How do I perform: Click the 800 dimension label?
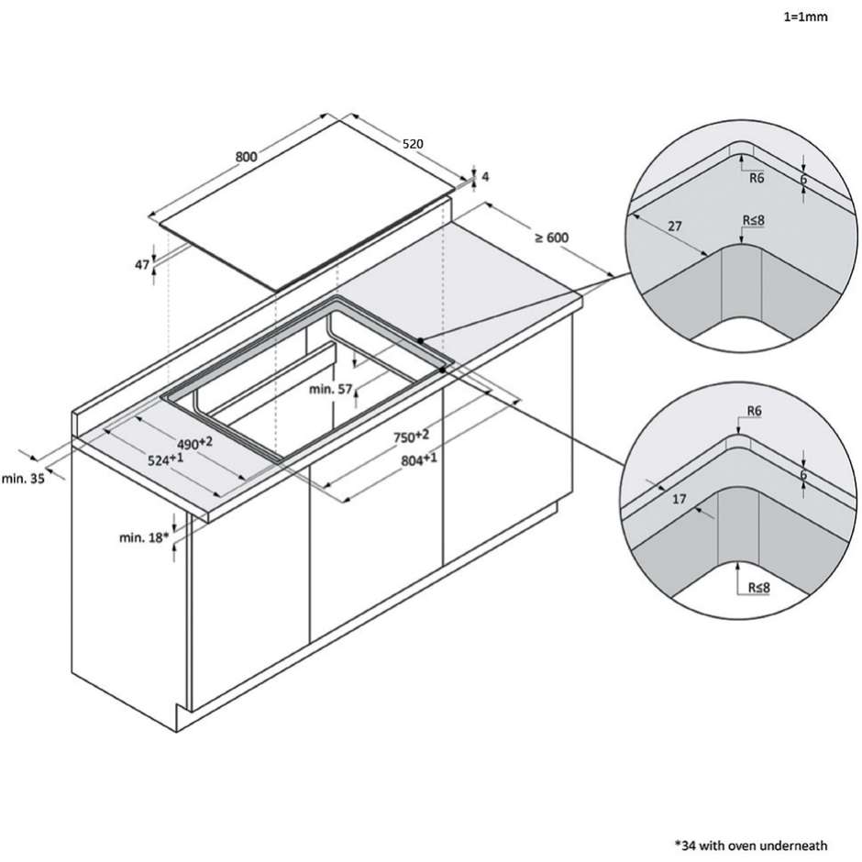point(246,156)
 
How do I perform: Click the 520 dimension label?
point(412,144)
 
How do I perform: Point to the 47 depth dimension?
point(142,264)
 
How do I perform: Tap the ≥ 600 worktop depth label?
point(552,238)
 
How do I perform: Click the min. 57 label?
point(331,390)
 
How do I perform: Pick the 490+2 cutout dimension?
point(195,442)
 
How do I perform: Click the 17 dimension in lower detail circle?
point(680,500)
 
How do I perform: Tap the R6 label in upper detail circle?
point(757,178)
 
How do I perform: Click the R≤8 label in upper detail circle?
point(757,221)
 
